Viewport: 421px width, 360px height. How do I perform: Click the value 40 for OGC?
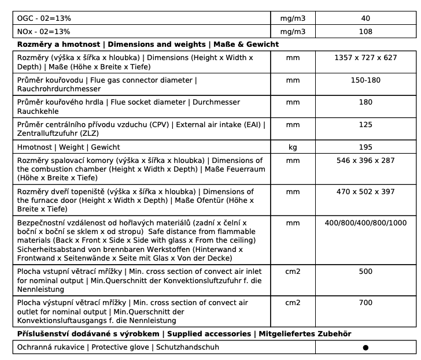[x=365, y=18]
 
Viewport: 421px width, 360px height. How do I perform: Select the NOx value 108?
[x=365, y=32]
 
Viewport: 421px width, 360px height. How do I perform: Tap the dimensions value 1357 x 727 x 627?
[x=365, y=58]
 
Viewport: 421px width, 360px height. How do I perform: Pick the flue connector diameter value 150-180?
[x=365, y=80]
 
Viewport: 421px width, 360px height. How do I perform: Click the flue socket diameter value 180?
[x=365, y=102]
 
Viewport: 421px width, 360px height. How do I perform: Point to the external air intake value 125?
[x=365, y=124]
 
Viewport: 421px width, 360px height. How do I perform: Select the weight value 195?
[x=365, y=147]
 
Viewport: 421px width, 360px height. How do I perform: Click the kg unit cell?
[x=293, y=147]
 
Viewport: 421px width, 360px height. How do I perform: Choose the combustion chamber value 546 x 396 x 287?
[x=365, y=160]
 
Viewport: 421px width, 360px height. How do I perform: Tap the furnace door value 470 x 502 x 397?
[x=365, y=191]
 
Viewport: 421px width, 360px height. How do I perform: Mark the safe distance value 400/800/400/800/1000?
[x=365, y=222]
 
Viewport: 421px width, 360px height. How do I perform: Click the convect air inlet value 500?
[x=365, y=271]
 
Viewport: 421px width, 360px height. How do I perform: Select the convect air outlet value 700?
[x=365, y=302]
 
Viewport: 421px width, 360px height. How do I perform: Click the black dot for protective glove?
[x=365, y=348]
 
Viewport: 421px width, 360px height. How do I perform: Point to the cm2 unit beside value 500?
[x=293, y=271]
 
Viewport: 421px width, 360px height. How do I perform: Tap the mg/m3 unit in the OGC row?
[x=293, y=18]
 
